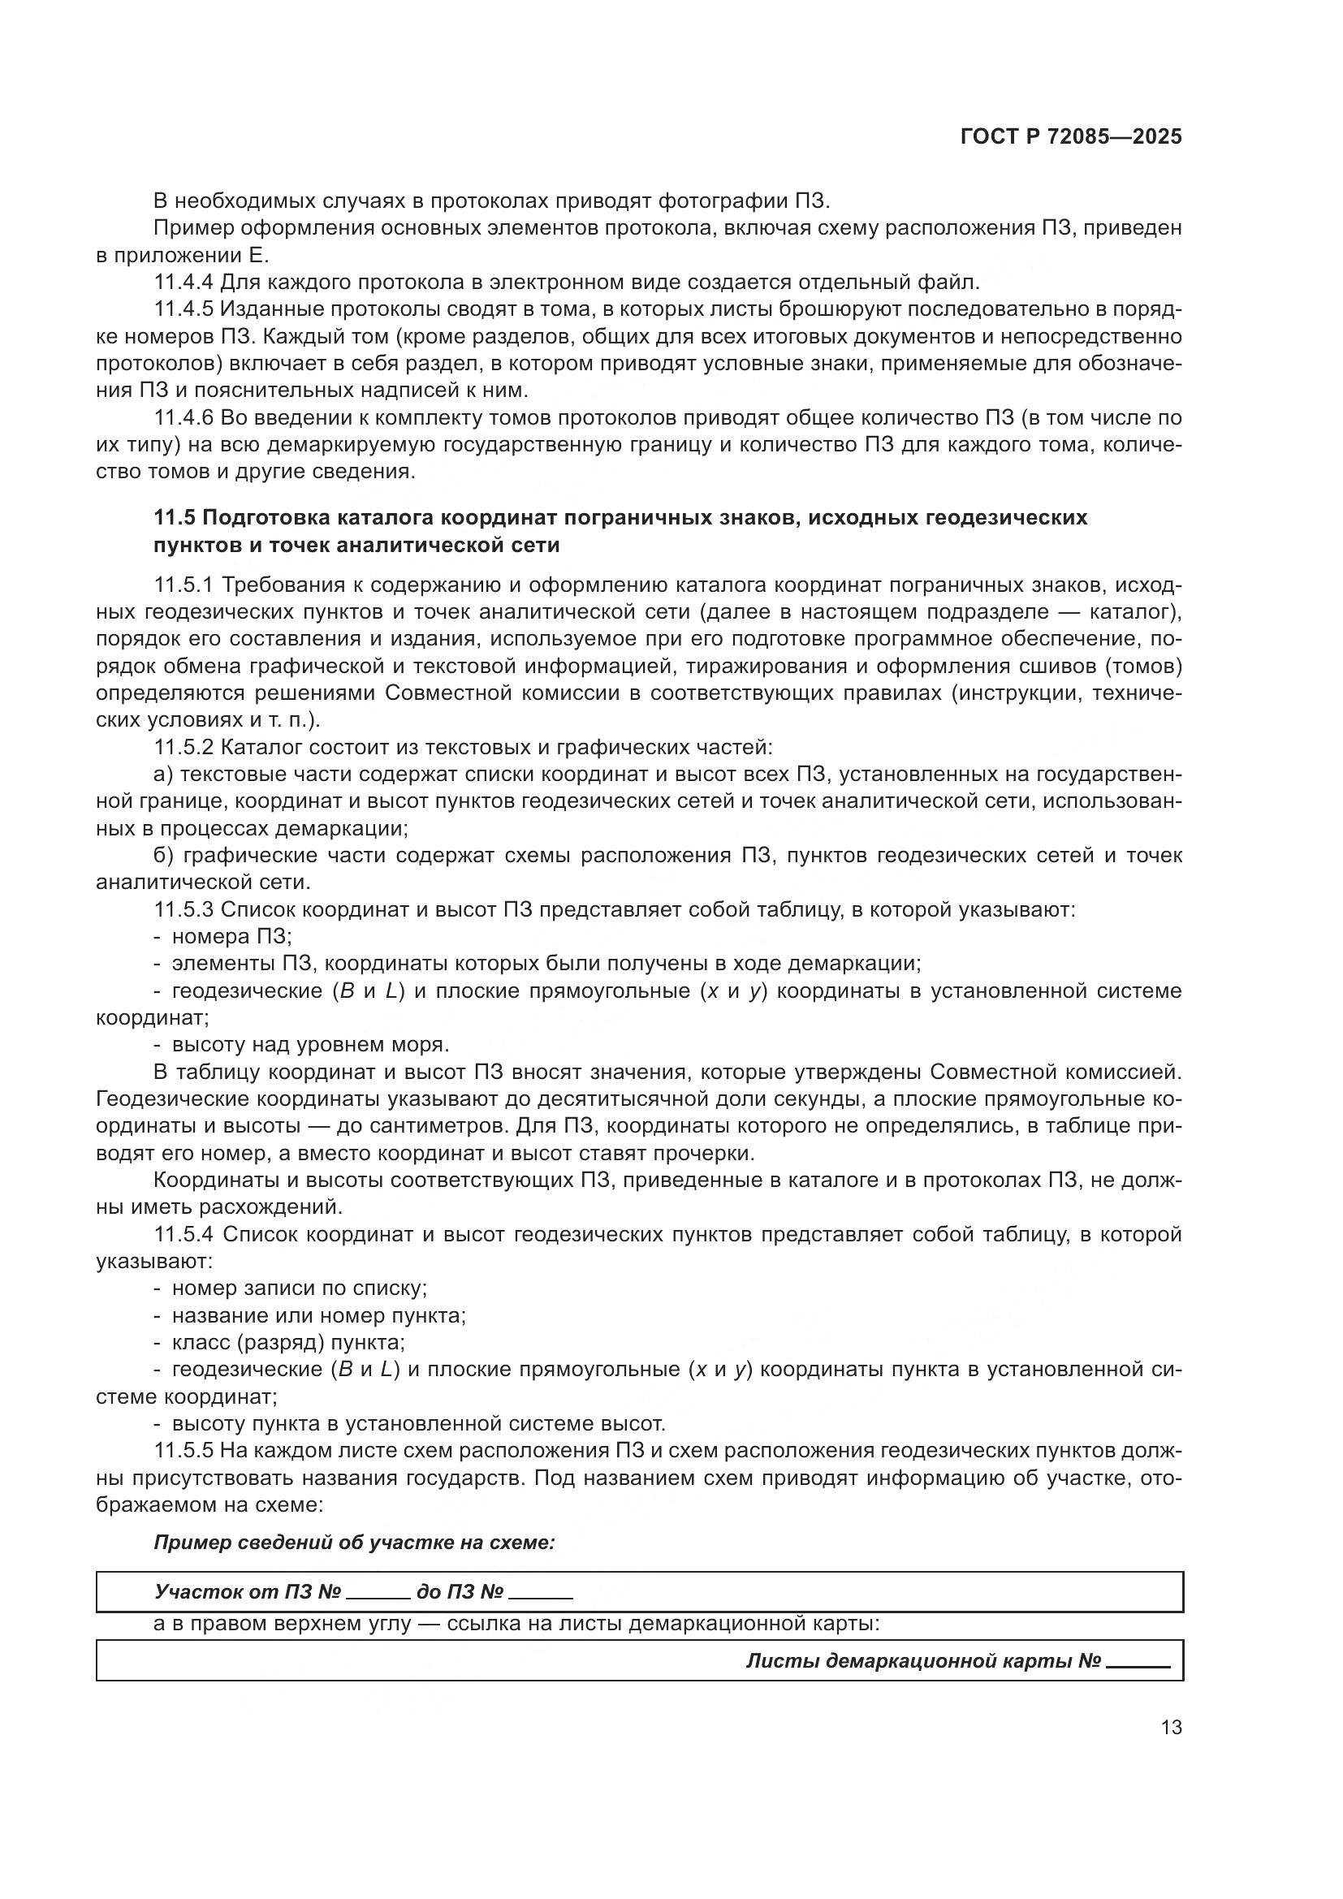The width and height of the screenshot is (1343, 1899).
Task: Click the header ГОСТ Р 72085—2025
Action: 1071,136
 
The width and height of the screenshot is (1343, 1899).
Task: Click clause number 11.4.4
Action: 183,282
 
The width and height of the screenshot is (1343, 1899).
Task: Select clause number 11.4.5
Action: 183,309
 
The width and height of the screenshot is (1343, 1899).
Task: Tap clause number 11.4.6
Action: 183,417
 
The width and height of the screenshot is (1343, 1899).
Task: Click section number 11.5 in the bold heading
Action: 174,518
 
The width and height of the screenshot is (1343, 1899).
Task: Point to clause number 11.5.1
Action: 183,585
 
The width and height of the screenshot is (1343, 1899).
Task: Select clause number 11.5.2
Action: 183,748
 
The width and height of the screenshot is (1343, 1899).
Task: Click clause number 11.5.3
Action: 183,910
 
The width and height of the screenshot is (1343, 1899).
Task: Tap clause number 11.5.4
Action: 183,1235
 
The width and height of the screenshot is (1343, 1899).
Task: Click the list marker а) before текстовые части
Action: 162,775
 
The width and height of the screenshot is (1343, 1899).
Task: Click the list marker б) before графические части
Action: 163,855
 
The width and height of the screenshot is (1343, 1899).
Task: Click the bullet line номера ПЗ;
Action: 231,937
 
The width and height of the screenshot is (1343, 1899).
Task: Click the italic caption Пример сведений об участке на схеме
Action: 354,1543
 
